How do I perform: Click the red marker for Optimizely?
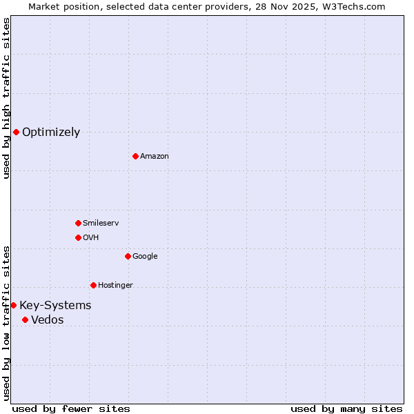(x=16, y=132)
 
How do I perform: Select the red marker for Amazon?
(x=135, y=156)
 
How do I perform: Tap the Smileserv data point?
(x=78, y=223)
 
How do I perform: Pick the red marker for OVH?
(x=78, y=237)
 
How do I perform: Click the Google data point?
(x=128, y=256)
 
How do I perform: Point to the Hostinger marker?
(x=93, y=285)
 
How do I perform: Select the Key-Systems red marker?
(x=13, y=305)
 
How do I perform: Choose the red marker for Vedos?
(x=25, y=319)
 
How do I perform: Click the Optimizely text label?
(x=51, y=132)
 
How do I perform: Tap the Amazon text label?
(x=155, y=157)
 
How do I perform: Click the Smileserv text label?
(x=101, y=224)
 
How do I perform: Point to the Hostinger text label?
(x=115, y=286)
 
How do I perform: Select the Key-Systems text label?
(x=55, y=306)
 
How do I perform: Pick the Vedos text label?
(x=48, y=320)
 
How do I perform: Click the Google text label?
(x=145, y=257)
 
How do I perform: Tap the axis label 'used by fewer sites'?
(x=71, y=408)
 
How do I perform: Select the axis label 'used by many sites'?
(x=346, y=408)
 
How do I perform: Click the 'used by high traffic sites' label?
(x=6, y=98)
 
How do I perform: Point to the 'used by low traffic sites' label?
(x=6, y=322)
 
